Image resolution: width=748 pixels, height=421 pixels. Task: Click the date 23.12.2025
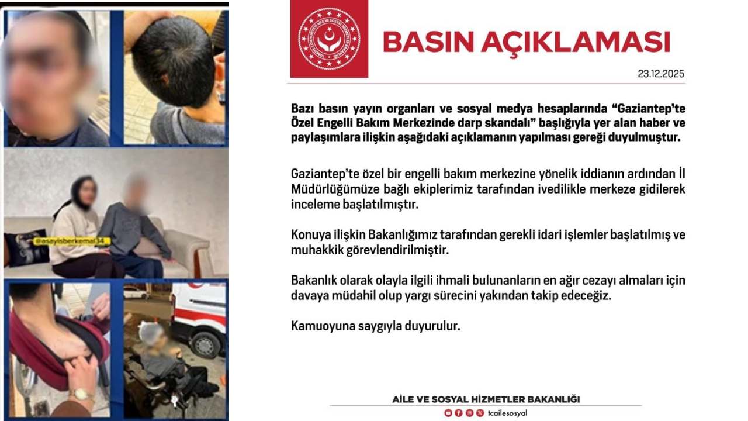pos(661,74)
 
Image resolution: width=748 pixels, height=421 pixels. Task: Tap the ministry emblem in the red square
pos(329,39)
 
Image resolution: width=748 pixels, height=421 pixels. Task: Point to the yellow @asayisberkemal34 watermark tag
pos(68,240)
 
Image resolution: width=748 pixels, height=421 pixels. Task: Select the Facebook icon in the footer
pos(459,413)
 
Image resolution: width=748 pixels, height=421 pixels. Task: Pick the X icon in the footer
pos(480,413)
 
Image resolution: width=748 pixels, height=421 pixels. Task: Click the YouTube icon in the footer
pos(448,413)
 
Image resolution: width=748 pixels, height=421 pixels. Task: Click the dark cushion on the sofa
pos(26,247)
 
